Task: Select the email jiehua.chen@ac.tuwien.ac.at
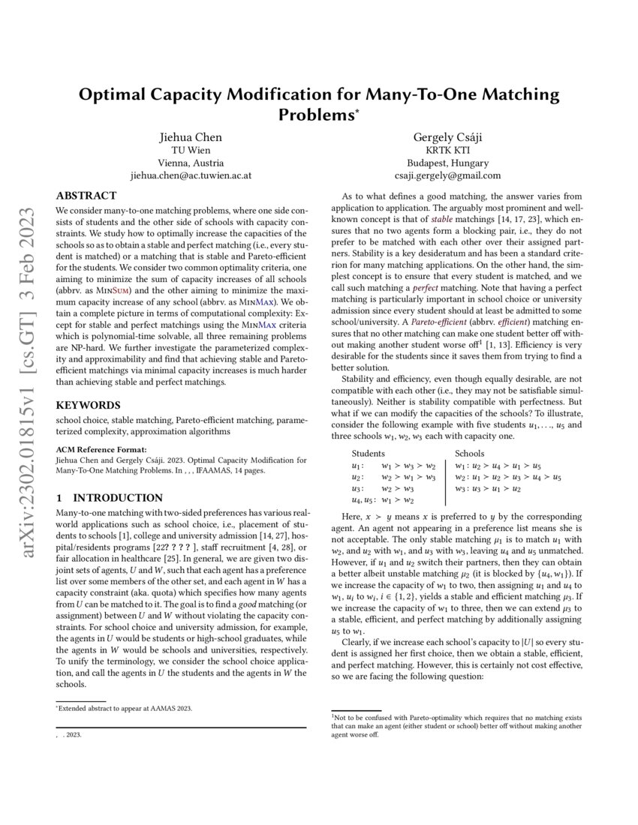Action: (191, 175)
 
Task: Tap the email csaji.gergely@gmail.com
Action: (447, 175)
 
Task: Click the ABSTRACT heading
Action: (86, 196)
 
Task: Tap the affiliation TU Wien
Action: (191, 149)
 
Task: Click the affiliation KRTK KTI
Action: (447, 149)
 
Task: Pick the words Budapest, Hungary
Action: (447, 163)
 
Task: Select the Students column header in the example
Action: (368, 454)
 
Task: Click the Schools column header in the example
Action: (470, 454)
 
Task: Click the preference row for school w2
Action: (508, 477)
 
